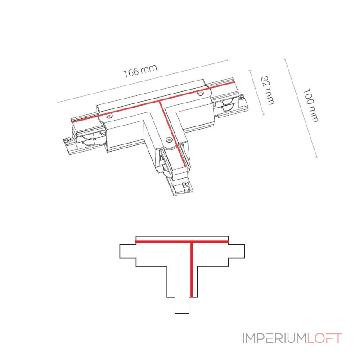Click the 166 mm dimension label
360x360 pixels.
click(140, 72)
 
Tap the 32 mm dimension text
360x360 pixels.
click(267, 90)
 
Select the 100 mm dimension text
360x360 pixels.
click(310, 105)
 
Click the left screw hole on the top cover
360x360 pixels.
click(108, 116)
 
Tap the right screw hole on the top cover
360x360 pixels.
click(201, 94)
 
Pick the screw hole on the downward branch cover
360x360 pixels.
click(168, 139)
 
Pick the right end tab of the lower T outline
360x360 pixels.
click(237, 251)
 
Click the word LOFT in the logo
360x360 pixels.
click(324, 338)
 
